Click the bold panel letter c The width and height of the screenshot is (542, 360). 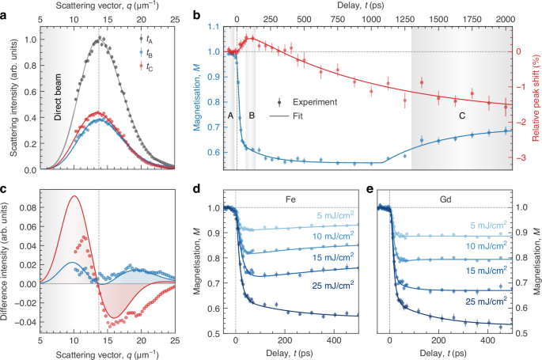[x=5, y=188]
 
